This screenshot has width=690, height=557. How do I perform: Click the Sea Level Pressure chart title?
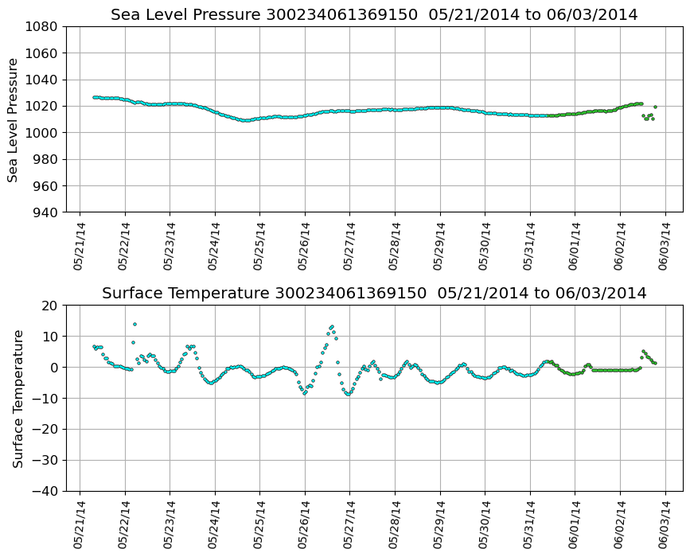tap(374, 14)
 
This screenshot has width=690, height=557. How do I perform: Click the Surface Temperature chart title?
tap(374, 294)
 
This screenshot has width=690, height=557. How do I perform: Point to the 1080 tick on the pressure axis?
tap(41, 27)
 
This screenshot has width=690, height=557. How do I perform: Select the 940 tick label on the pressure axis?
tap(45, 212)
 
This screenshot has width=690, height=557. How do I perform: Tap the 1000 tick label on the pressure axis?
tap(41, 133)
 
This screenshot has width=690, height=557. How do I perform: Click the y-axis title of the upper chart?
tap(14, 119)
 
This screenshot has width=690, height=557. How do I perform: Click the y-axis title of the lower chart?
tap(18, 398)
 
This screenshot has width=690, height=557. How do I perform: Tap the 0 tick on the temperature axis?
tap(54, 368)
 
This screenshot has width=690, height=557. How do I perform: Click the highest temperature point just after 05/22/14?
tap(134, 325)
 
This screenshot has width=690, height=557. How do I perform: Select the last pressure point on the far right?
tap(655, 107)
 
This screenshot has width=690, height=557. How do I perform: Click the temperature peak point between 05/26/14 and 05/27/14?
tap(331, 326)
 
